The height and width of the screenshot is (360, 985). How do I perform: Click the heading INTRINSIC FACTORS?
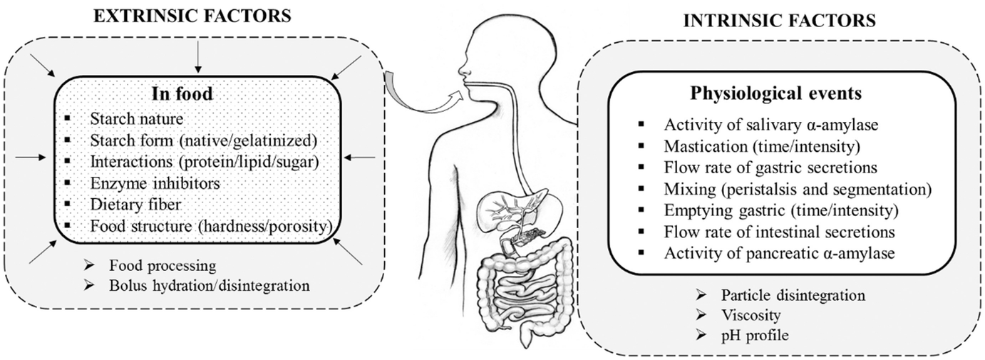pos(779,21)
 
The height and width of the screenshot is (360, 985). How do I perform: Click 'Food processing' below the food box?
pos(161,266)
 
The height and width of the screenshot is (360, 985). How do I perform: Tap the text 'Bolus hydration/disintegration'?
pos(209,286)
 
